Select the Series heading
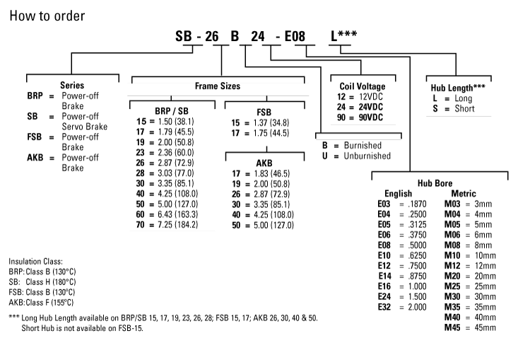coord(72,86)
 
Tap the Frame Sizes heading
coord(218,86)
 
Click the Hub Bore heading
coord(435,182)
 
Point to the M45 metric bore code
coord(452,327)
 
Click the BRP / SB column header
coord(167,111)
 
